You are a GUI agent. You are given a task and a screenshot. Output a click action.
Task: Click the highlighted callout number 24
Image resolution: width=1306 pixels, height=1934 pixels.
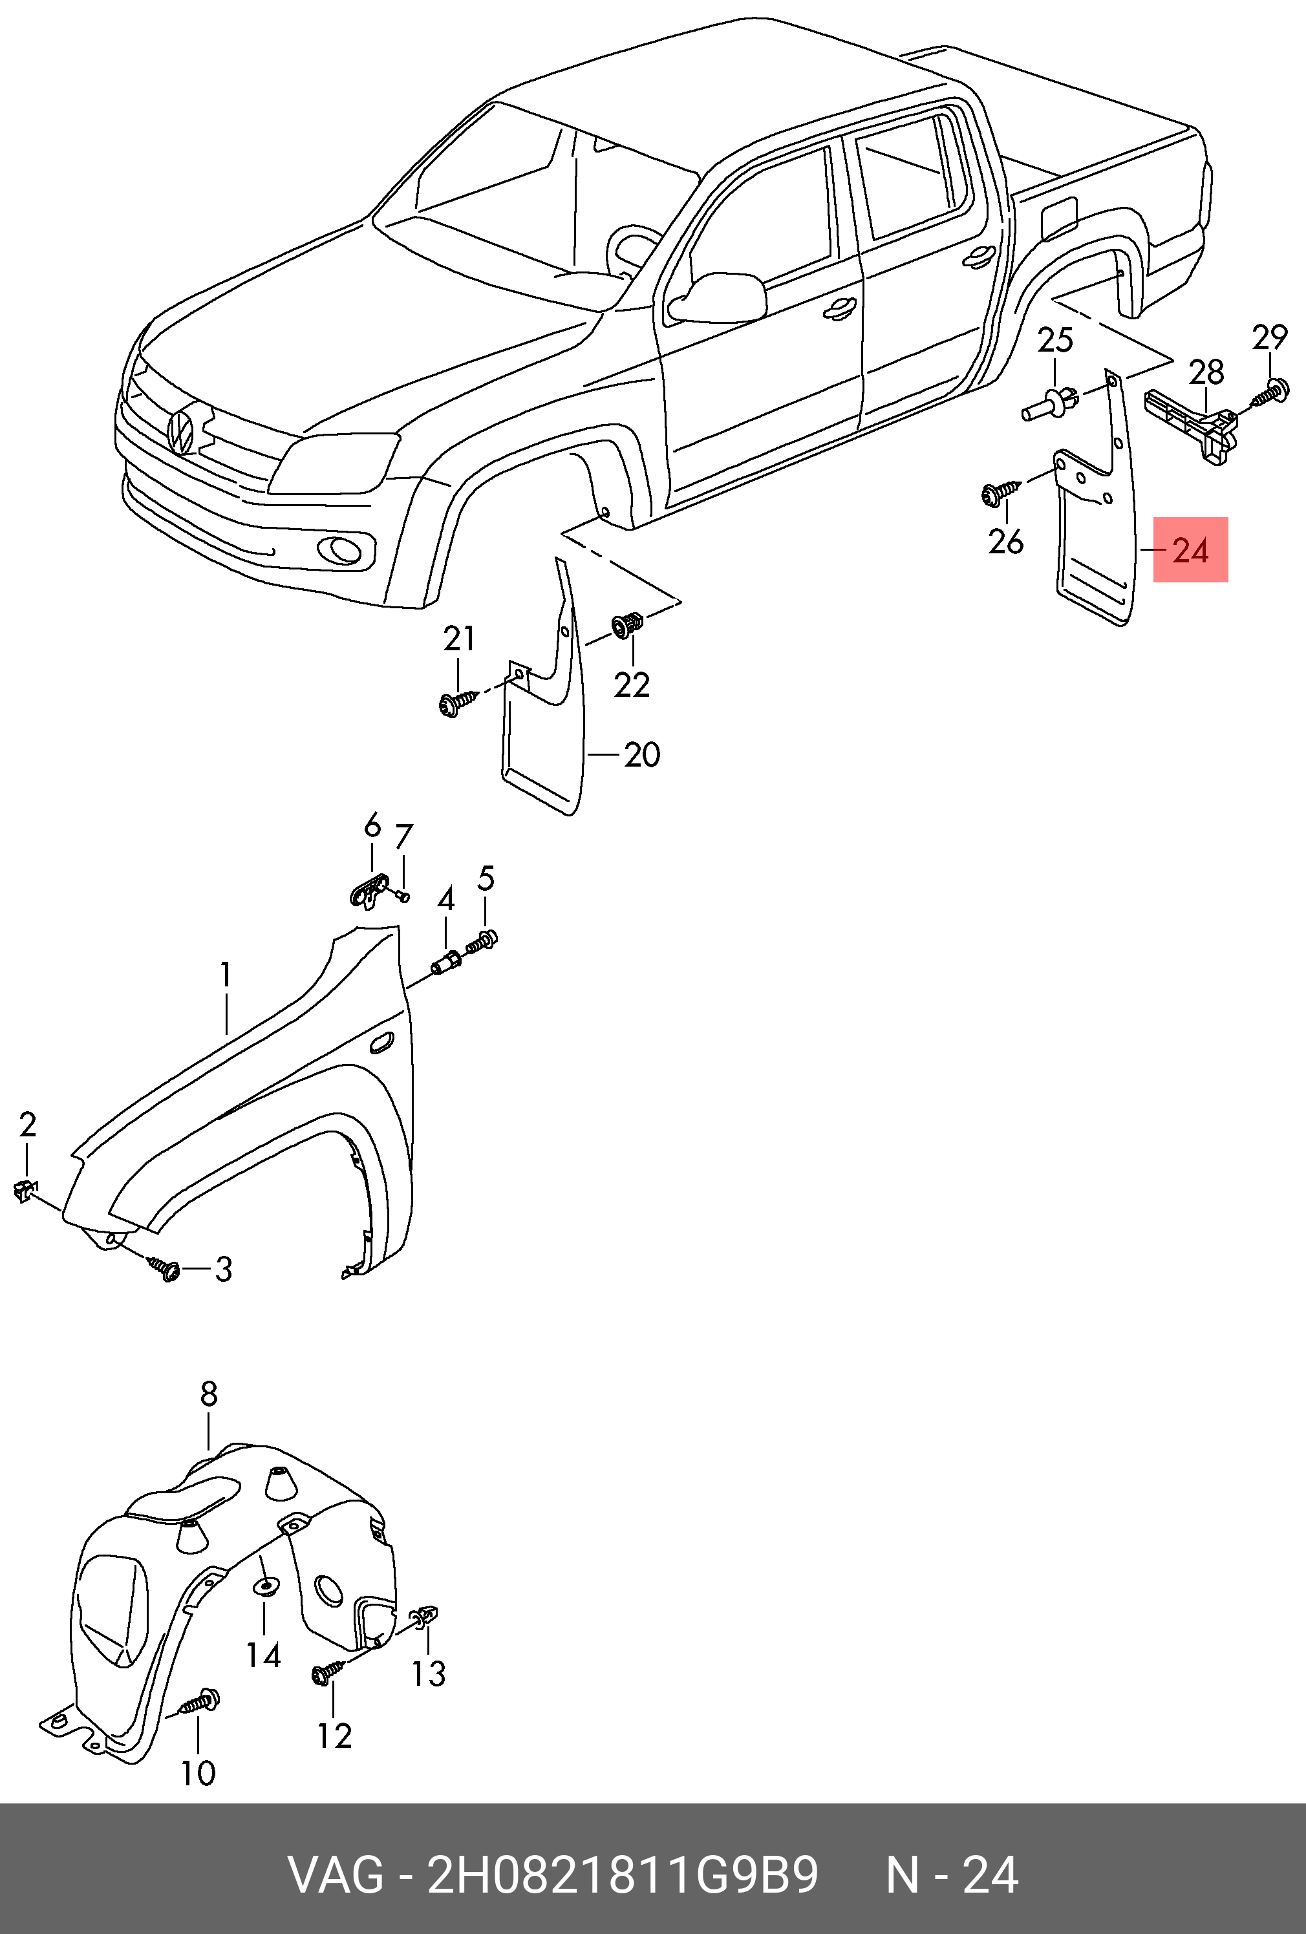point(1190,550)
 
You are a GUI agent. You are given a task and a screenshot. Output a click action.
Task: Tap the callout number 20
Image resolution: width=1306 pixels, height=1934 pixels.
point(642,755)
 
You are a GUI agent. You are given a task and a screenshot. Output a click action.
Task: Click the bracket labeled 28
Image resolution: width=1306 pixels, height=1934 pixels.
point(1192,425)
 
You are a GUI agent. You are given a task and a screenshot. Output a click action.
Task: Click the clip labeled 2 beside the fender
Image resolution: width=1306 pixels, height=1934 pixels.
point(26,1192)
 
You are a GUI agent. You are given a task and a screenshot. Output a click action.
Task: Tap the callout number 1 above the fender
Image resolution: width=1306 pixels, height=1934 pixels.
point(226,975)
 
